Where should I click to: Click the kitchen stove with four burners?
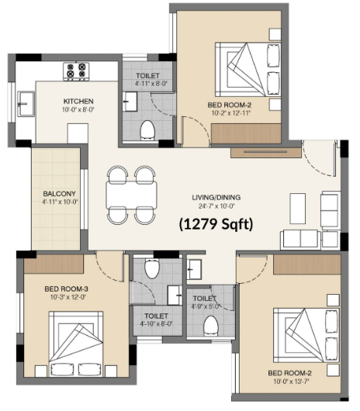76,71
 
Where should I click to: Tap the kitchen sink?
26,103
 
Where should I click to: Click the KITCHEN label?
78,101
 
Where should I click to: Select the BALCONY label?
60,194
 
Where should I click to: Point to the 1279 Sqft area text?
216,224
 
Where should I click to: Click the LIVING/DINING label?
216,198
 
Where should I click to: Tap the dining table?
132,195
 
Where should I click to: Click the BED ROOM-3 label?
67,289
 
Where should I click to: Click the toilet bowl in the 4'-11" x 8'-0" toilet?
147,130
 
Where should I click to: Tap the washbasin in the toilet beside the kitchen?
130,101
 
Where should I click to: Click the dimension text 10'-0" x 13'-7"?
291,382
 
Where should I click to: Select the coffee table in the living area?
298,209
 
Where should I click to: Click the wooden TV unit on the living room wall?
266,153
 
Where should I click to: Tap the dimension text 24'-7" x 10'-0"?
216,206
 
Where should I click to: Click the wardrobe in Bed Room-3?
54,264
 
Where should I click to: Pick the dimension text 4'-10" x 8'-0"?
156,324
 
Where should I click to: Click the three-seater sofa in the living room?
300,240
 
